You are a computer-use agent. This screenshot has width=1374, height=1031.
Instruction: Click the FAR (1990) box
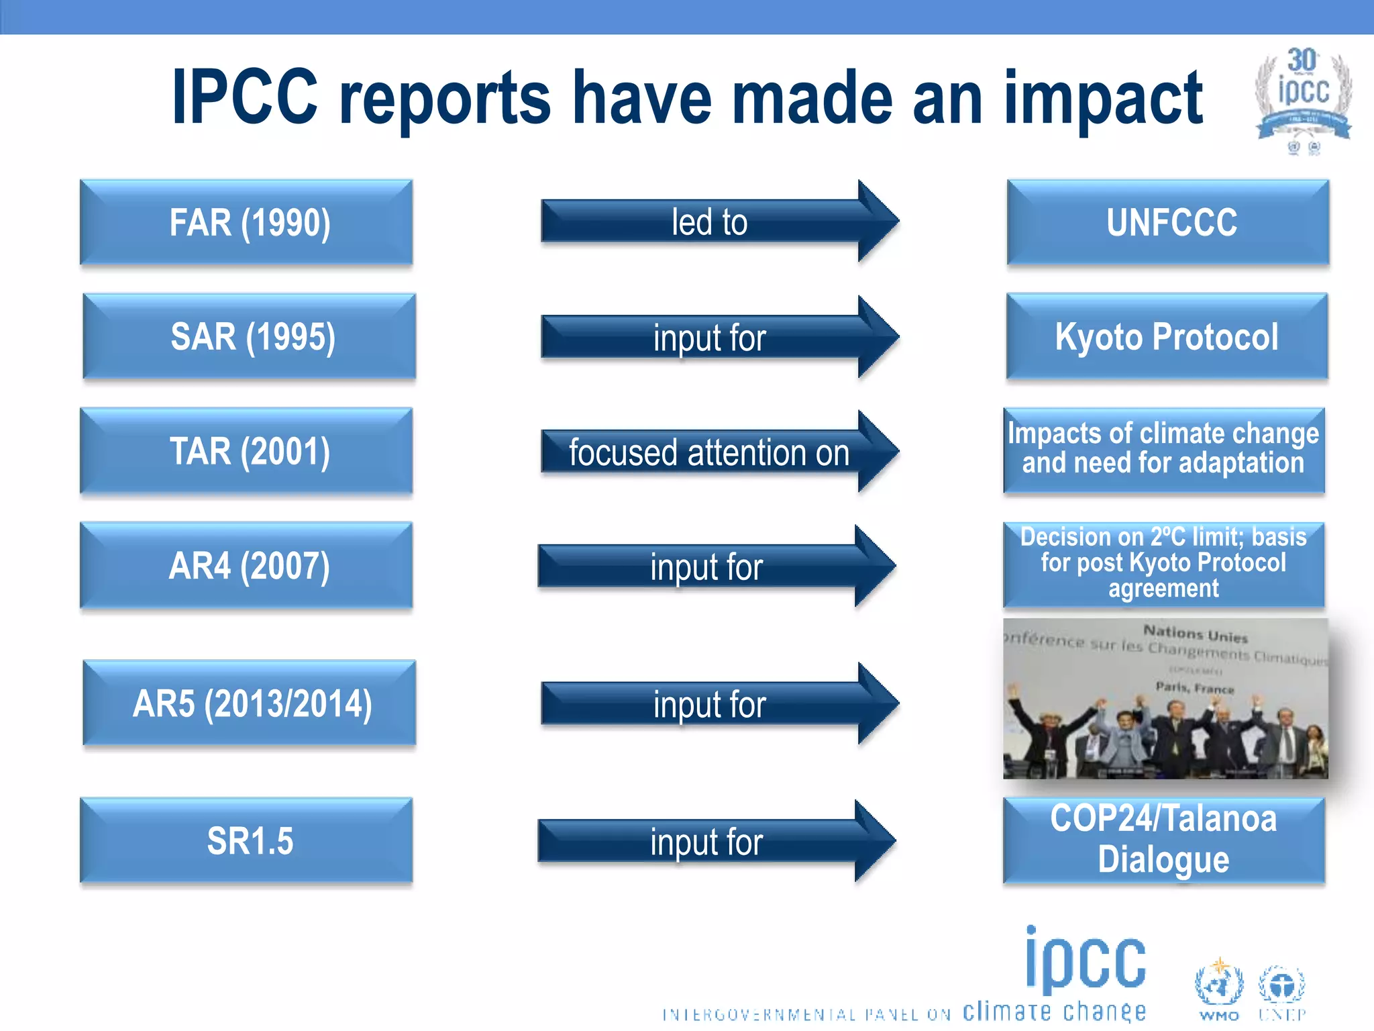[x=246, y=222]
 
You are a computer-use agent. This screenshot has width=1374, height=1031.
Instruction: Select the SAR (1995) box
[x=249, y=336]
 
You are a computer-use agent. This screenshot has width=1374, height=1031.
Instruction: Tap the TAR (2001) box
[x=246, y=451]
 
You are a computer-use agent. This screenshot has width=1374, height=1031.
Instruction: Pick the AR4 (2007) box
[x=246, y=565]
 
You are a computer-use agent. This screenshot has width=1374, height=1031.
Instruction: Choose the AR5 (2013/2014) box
[x=249, y=703]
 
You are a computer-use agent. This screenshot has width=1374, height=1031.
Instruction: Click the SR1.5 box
[x=246, y=840]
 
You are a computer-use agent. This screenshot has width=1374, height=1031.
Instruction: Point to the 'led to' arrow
[x=711, y=222]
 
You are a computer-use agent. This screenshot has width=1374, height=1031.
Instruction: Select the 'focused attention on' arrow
[x=711, y=452]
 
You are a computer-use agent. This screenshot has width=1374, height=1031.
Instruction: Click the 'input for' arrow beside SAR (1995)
[x=711, y=337]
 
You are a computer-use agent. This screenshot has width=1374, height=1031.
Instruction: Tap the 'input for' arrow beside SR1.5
[x=708, y=841]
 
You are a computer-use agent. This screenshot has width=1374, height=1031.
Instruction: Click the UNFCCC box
[x=1168, y=222]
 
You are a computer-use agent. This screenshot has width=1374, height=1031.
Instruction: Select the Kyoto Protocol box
[x=1167, y=336]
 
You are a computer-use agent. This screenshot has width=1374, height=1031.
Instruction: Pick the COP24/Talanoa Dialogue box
[x=1164, y=840]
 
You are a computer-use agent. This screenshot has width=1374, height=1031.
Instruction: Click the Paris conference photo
[x=1165, y=698]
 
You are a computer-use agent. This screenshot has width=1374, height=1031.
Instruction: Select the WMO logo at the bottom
[x=1218, y=990]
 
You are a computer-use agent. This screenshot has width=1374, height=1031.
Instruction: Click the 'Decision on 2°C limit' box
[x=1164, y=564]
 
